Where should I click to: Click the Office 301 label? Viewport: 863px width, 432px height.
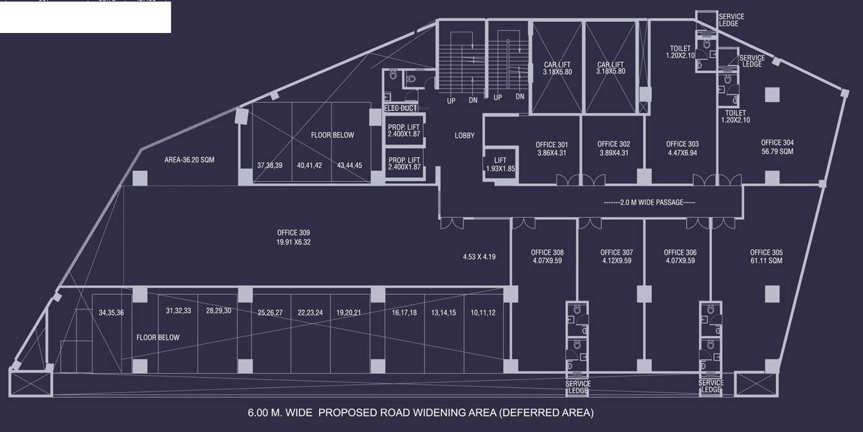click(552, 144)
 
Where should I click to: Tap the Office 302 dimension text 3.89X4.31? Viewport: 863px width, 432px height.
click(614, 153)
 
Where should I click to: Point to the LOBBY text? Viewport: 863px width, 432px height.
click(464, 136)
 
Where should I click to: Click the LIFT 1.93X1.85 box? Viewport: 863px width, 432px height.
click(500, 164)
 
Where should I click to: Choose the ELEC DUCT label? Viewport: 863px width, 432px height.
click(400, 108)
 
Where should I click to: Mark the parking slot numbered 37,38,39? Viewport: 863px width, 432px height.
click(269, 166)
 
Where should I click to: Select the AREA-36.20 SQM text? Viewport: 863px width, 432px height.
click(189, 160)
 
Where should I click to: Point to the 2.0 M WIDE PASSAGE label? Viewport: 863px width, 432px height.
click(649, 202)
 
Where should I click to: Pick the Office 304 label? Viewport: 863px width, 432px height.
click(777, 143)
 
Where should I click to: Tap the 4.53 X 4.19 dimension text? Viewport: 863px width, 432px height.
click(479, 257)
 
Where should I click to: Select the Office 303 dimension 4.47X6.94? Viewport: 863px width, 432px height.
click(682, 153)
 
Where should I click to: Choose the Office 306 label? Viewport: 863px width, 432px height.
click(680, 253)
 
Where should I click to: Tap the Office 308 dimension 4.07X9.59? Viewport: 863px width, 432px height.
click(547, 261)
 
